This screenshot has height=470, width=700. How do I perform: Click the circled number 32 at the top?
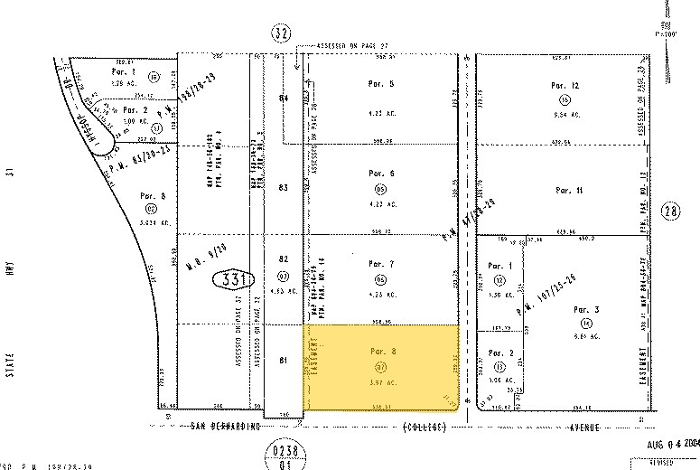(x=282, y=34)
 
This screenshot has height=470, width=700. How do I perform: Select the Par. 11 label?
(x=568, y=191)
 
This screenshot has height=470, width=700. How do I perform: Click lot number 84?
(x=284, y=97)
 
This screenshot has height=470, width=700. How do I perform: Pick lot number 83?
(x=284, y=187)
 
